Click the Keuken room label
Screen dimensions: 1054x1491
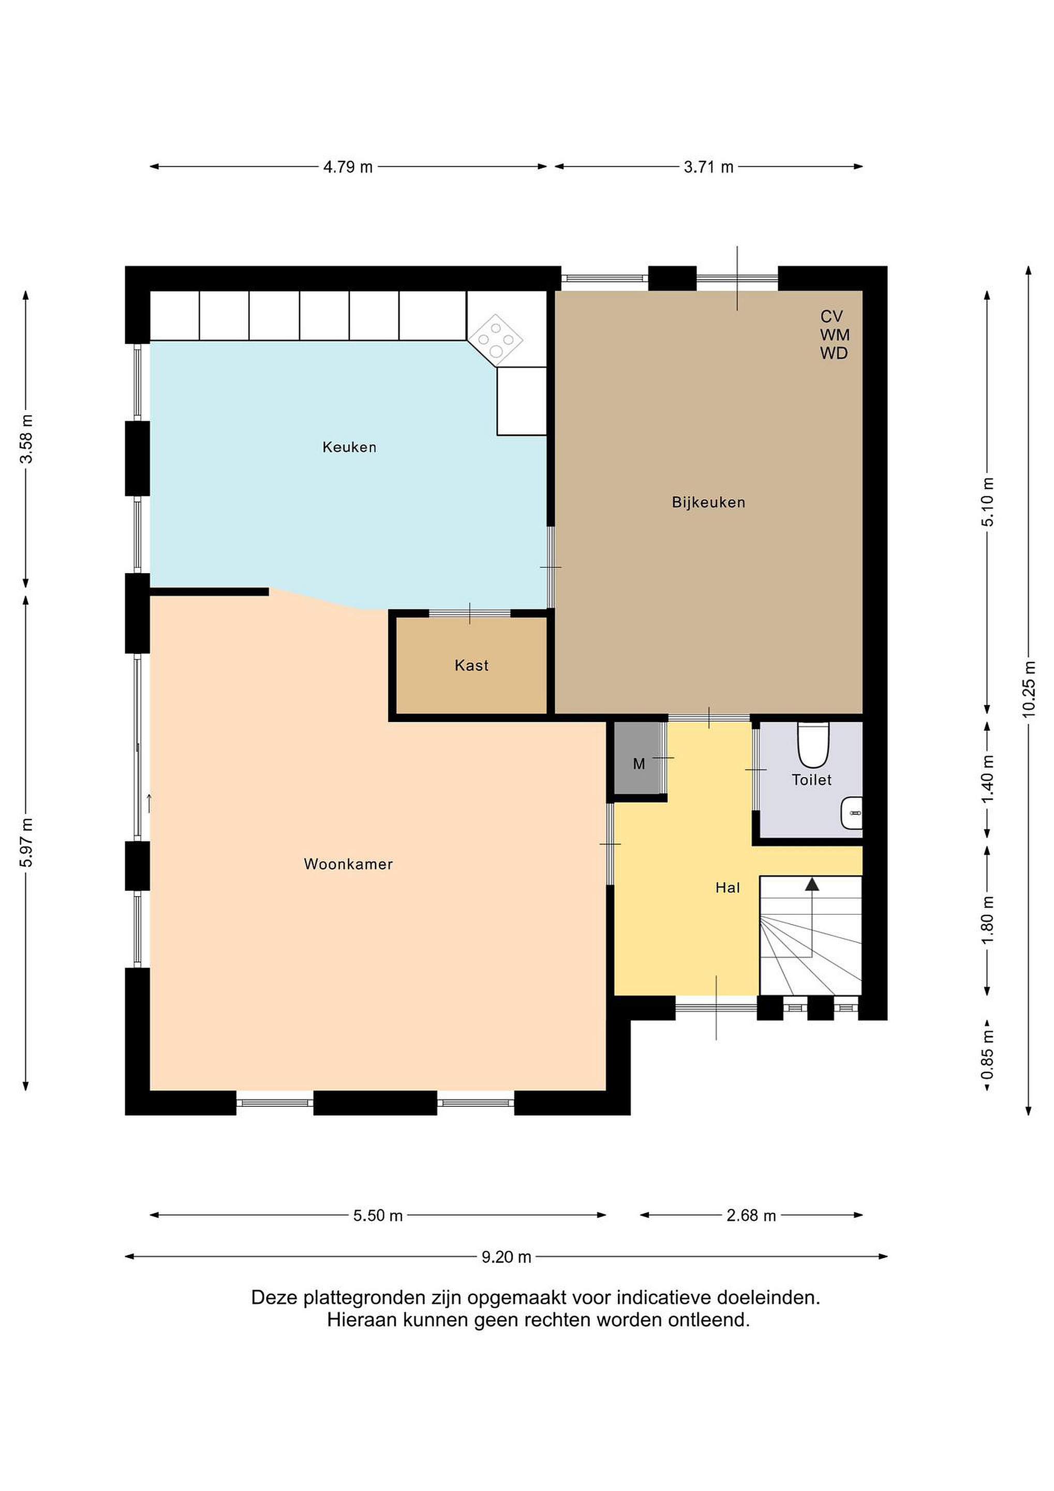click(349, 447)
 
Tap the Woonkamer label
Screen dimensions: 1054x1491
click(349, 864)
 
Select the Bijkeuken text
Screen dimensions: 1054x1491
click(708, 502)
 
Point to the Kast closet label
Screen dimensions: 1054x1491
click(471, 665)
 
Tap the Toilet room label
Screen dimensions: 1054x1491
click(811, 779)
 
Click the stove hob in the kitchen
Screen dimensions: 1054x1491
click(495, 337)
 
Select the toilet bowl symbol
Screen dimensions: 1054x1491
click(813, 745)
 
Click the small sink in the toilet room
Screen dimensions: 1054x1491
click(852, 813)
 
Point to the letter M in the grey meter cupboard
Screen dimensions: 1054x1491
click(639, 764)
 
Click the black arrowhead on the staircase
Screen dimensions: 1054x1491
click(812, 884)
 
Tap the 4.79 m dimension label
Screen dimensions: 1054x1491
click(348, 167)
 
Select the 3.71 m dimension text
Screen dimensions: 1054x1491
click(708, 167)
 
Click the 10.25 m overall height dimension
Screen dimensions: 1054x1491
click(1029, 689)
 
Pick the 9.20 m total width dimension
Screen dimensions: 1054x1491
click(506, 1256)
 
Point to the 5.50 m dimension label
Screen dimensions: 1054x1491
click(378, 1215)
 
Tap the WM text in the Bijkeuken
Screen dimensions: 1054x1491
click(835, 335)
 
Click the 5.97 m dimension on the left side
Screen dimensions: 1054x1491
click(26, 842)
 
